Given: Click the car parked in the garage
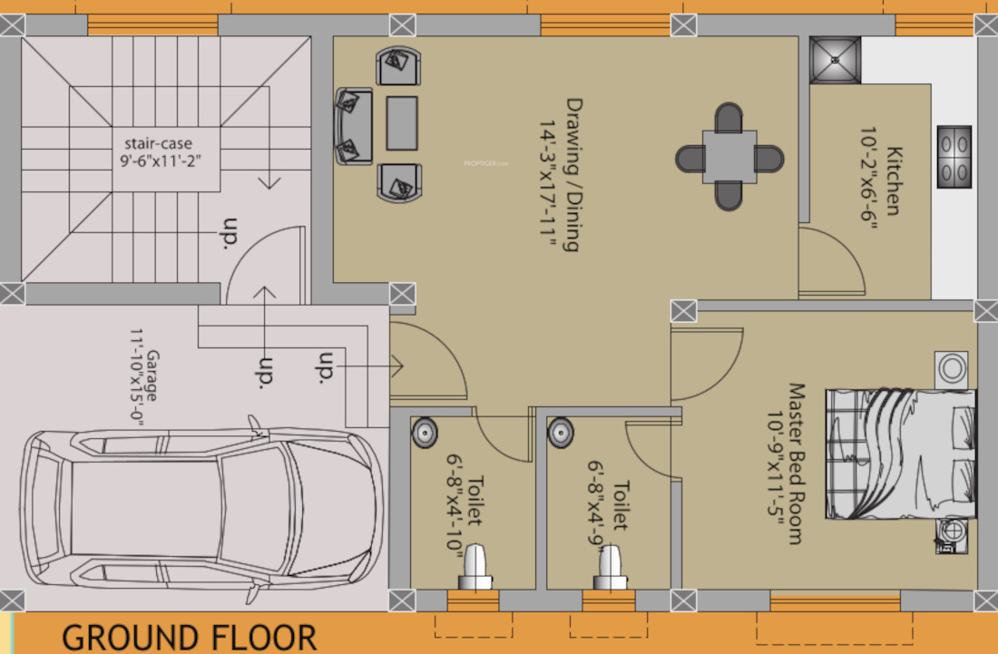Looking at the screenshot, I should click(x=195, y=512).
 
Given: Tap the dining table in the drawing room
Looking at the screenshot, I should click(x=729, y=158).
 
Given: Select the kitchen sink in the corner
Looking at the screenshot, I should click(x=835, y=60).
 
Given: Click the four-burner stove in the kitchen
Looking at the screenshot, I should click(x=954, y=157).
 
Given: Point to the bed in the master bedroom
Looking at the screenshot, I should click(x=902, y=455).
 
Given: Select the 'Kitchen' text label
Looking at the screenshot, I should click(x=894, y=181).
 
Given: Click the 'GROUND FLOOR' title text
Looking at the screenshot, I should click(x=189, y=637).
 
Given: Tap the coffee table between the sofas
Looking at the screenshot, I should click(x=402, y=122).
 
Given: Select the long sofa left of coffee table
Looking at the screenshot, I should click(x=353, y=125).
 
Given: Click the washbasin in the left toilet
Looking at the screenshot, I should click(x=425, y=433).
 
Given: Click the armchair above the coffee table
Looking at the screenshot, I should click(x=396, y=66).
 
